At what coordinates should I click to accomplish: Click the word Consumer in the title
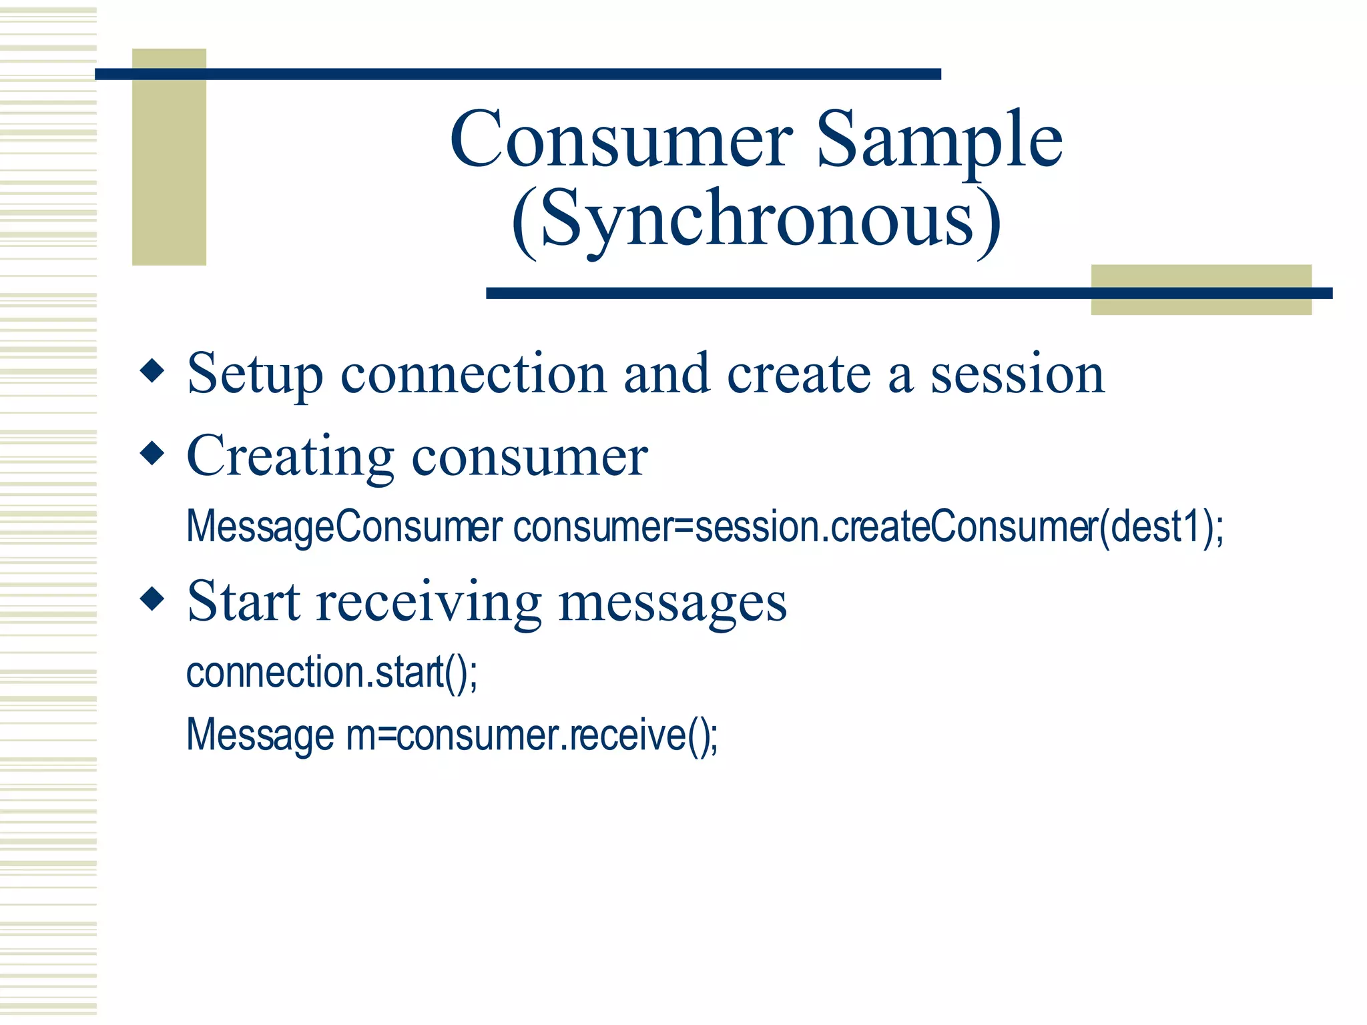tap(621, 140)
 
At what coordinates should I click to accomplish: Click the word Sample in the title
tap(939, 140)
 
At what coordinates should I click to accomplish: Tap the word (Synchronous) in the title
tap(756, 220)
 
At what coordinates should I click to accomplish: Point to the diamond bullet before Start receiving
tap(153, 599)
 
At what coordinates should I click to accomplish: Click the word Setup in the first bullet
tap(255, 374)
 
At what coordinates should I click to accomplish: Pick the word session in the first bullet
tap(1017, 374)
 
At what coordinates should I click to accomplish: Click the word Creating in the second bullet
tap(290, 457)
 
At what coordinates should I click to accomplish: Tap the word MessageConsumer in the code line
tap(344, 527)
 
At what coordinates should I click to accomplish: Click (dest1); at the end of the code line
tap(1161, 527)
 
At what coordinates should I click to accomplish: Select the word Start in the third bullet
tap(244, 602)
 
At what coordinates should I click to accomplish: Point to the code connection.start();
tap(332, 672)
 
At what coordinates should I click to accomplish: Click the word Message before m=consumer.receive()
tap(260, 735)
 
